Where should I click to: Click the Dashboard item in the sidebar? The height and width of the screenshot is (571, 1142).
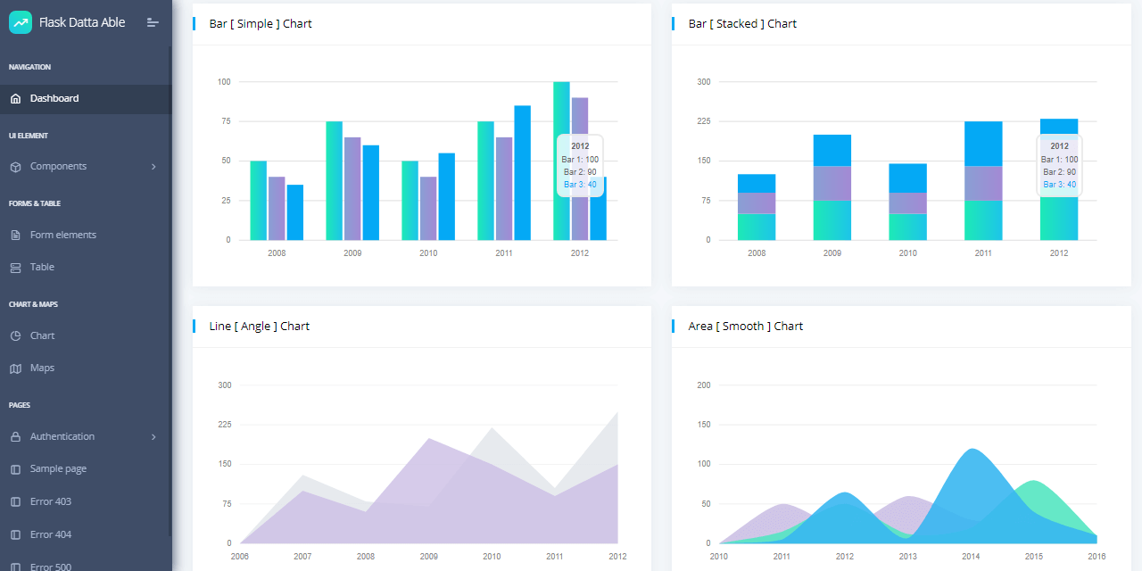click(x=54, y=98)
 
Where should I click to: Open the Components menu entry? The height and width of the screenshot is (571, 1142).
click(x=58, y=166)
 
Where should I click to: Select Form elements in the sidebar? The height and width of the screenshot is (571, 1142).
click(x=62, y=235)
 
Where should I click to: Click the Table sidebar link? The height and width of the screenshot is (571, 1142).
click(x=42, y=267)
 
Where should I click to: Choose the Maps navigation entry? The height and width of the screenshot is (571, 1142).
click(x=42, y=368)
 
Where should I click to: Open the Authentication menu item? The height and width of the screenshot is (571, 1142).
click(x=62, y=436)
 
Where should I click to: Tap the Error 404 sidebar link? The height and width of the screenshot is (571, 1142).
click(x=50, y=534)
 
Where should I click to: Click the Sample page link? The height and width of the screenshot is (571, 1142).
click(x=58, y=468)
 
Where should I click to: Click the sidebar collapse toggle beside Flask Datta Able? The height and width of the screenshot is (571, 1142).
click(x=153, y=22)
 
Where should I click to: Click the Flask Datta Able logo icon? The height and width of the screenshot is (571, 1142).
click(x=21, y=22)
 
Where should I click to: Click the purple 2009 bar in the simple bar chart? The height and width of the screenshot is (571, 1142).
click(x=352, y=188)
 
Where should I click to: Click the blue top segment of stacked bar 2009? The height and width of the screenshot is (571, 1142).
click(x=832, y=150)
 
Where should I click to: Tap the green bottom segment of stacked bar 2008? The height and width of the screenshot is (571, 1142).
click(x=756, y=227)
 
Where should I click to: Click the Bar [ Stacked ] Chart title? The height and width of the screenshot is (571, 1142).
click(x=742, y=24)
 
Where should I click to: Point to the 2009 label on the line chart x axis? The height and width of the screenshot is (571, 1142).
click(x=428, y=556)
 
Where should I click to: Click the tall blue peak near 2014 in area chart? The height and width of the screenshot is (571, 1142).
click(x=971, y=473)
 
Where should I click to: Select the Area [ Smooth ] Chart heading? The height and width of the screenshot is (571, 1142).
click(x=745, y=327)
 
